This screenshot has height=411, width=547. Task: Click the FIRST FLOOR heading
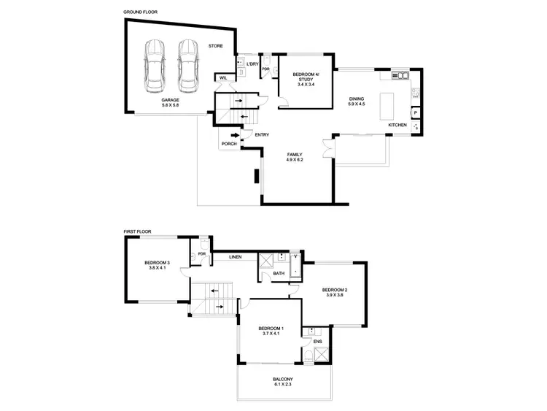click(138, 231)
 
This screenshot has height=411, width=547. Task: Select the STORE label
click(215, 46)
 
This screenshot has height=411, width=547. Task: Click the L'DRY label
click(253, 64)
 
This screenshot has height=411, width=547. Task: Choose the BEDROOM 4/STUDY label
click(305, 78)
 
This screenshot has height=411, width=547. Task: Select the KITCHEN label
click(397, 126)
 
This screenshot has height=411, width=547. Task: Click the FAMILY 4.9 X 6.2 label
click(295, 157)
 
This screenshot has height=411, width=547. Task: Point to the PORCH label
click(229, 144)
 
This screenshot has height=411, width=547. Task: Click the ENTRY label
click(262, 135)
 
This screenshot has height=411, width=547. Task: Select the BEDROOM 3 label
click(157, 265)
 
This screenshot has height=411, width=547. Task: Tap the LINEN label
click(235, 257)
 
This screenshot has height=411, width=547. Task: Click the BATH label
click(279, 274)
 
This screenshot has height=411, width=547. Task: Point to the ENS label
click(317, 341)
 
